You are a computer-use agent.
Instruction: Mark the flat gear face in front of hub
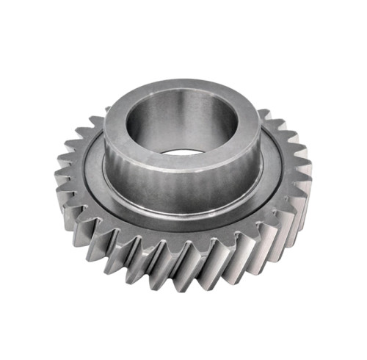pos(183,228)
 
